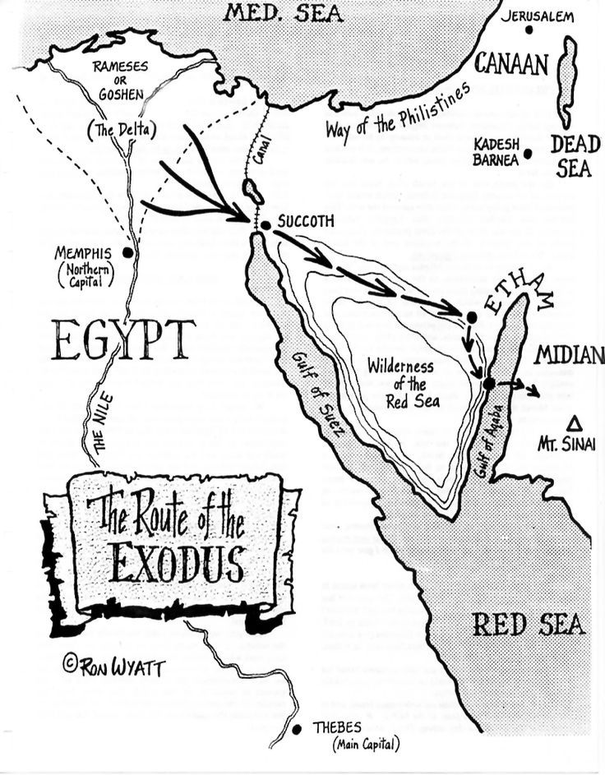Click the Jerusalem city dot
529,30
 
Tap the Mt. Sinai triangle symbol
576,422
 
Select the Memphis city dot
128,252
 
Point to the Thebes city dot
297,729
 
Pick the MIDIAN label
570,356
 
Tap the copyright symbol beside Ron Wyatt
70,663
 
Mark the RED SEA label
529,625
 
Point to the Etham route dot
471,317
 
